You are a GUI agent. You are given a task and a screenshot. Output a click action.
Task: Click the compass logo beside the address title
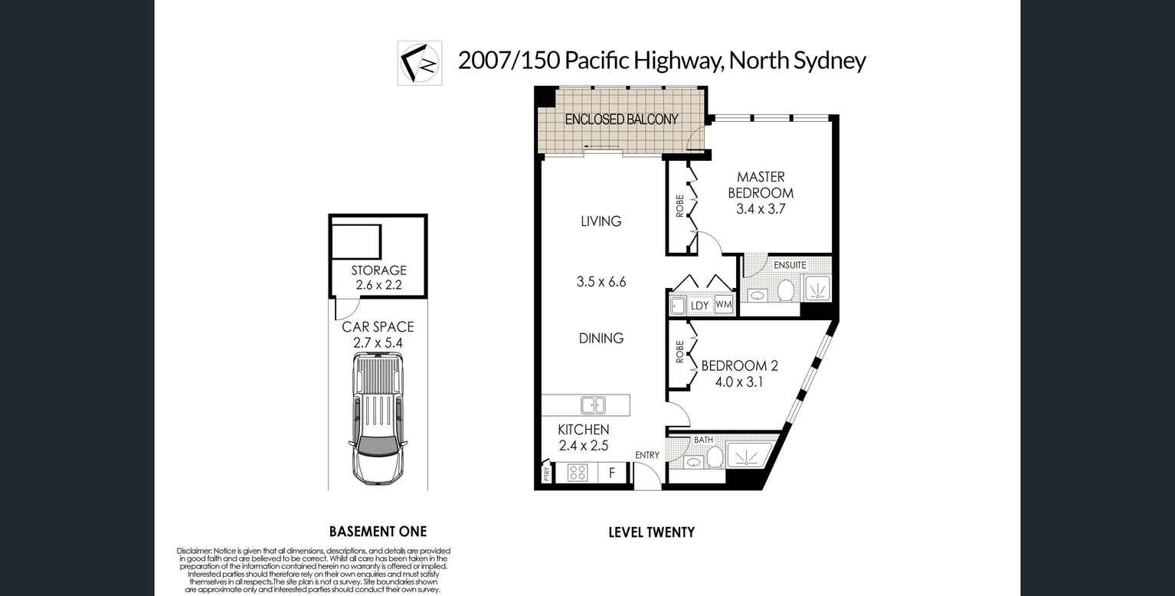419,62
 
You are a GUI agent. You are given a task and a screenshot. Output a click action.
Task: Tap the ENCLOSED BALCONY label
621,119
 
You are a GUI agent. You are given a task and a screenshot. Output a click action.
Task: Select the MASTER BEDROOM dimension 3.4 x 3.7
761,208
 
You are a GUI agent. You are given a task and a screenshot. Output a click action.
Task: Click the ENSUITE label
790,265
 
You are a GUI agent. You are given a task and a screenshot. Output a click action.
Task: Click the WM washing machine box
723,305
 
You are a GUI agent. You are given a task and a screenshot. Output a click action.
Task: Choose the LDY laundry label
699,306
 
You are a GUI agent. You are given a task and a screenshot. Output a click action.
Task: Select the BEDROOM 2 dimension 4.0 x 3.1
739,381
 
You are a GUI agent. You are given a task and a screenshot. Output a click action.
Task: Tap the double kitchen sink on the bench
593,404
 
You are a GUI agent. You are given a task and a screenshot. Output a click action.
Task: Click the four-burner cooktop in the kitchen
578,473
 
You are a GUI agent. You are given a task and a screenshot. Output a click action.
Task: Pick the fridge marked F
611,473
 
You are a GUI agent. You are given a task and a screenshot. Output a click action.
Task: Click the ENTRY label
646,455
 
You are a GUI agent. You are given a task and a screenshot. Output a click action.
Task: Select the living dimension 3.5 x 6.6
601,282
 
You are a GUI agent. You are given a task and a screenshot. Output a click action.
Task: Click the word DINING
601,338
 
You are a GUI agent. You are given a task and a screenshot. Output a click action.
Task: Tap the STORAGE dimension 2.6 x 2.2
378,285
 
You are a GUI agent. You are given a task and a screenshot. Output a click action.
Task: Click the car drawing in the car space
378,418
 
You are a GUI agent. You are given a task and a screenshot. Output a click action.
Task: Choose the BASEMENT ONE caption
378,532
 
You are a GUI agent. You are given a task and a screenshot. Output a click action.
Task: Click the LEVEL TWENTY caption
651,532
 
